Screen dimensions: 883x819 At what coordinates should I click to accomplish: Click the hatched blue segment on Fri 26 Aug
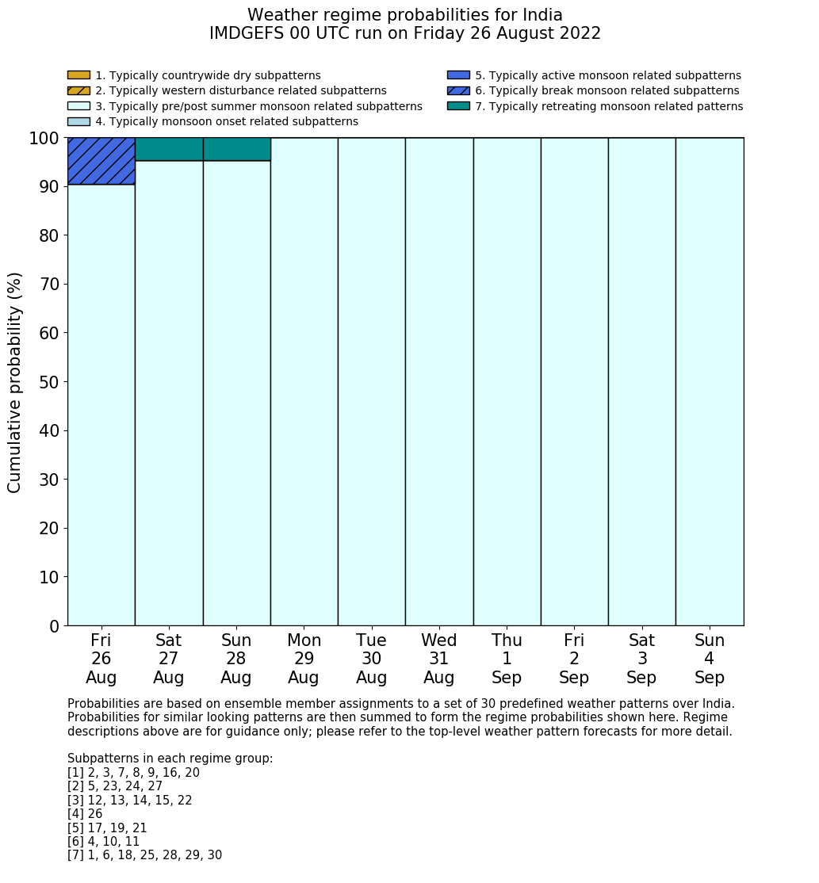[101, 161]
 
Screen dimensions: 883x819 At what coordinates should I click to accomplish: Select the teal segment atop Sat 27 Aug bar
[169, 149]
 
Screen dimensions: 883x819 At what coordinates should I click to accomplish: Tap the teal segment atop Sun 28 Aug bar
[236, 149]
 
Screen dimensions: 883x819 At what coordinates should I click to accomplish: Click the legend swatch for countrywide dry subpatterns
[78, 75]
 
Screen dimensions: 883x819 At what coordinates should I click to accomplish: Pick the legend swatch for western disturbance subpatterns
[78, 90]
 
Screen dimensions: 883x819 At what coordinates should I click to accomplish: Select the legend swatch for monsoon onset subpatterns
[78, 121]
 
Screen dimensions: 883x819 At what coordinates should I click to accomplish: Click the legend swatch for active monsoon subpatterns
[458, 75]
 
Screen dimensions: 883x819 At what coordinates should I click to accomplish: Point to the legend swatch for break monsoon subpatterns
[458, 90]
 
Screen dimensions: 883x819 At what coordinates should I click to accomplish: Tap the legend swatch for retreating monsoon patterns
[458, 105]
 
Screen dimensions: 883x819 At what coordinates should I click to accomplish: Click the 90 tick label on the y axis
[48, 187]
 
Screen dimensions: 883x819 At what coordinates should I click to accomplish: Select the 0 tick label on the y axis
[54, 626]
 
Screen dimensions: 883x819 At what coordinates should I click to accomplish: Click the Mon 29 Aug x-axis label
[304, 659]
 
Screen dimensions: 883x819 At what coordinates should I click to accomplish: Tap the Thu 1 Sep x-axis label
[507, 659]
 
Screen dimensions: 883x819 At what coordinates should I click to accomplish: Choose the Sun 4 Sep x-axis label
[710, 659]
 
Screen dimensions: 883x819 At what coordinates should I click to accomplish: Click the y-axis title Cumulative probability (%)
[15, 382]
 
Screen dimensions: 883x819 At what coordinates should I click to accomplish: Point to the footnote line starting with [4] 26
[85, 814]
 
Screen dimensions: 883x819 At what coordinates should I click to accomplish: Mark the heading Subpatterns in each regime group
[170, 759]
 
